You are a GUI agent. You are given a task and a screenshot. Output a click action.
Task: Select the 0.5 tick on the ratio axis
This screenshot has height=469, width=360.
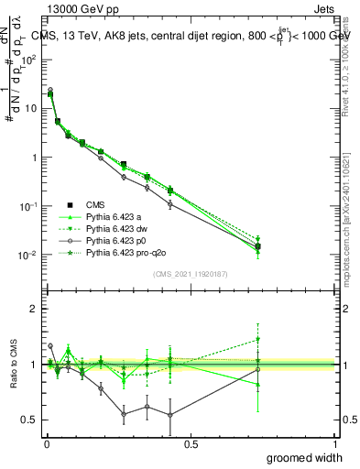31,420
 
